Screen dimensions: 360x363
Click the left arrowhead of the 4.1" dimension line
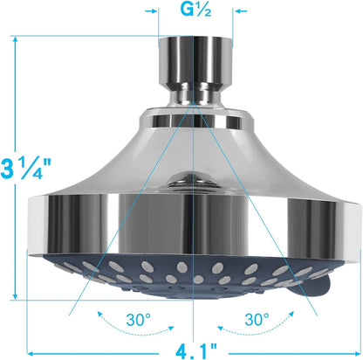31,352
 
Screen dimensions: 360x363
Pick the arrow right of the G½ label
228,11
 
